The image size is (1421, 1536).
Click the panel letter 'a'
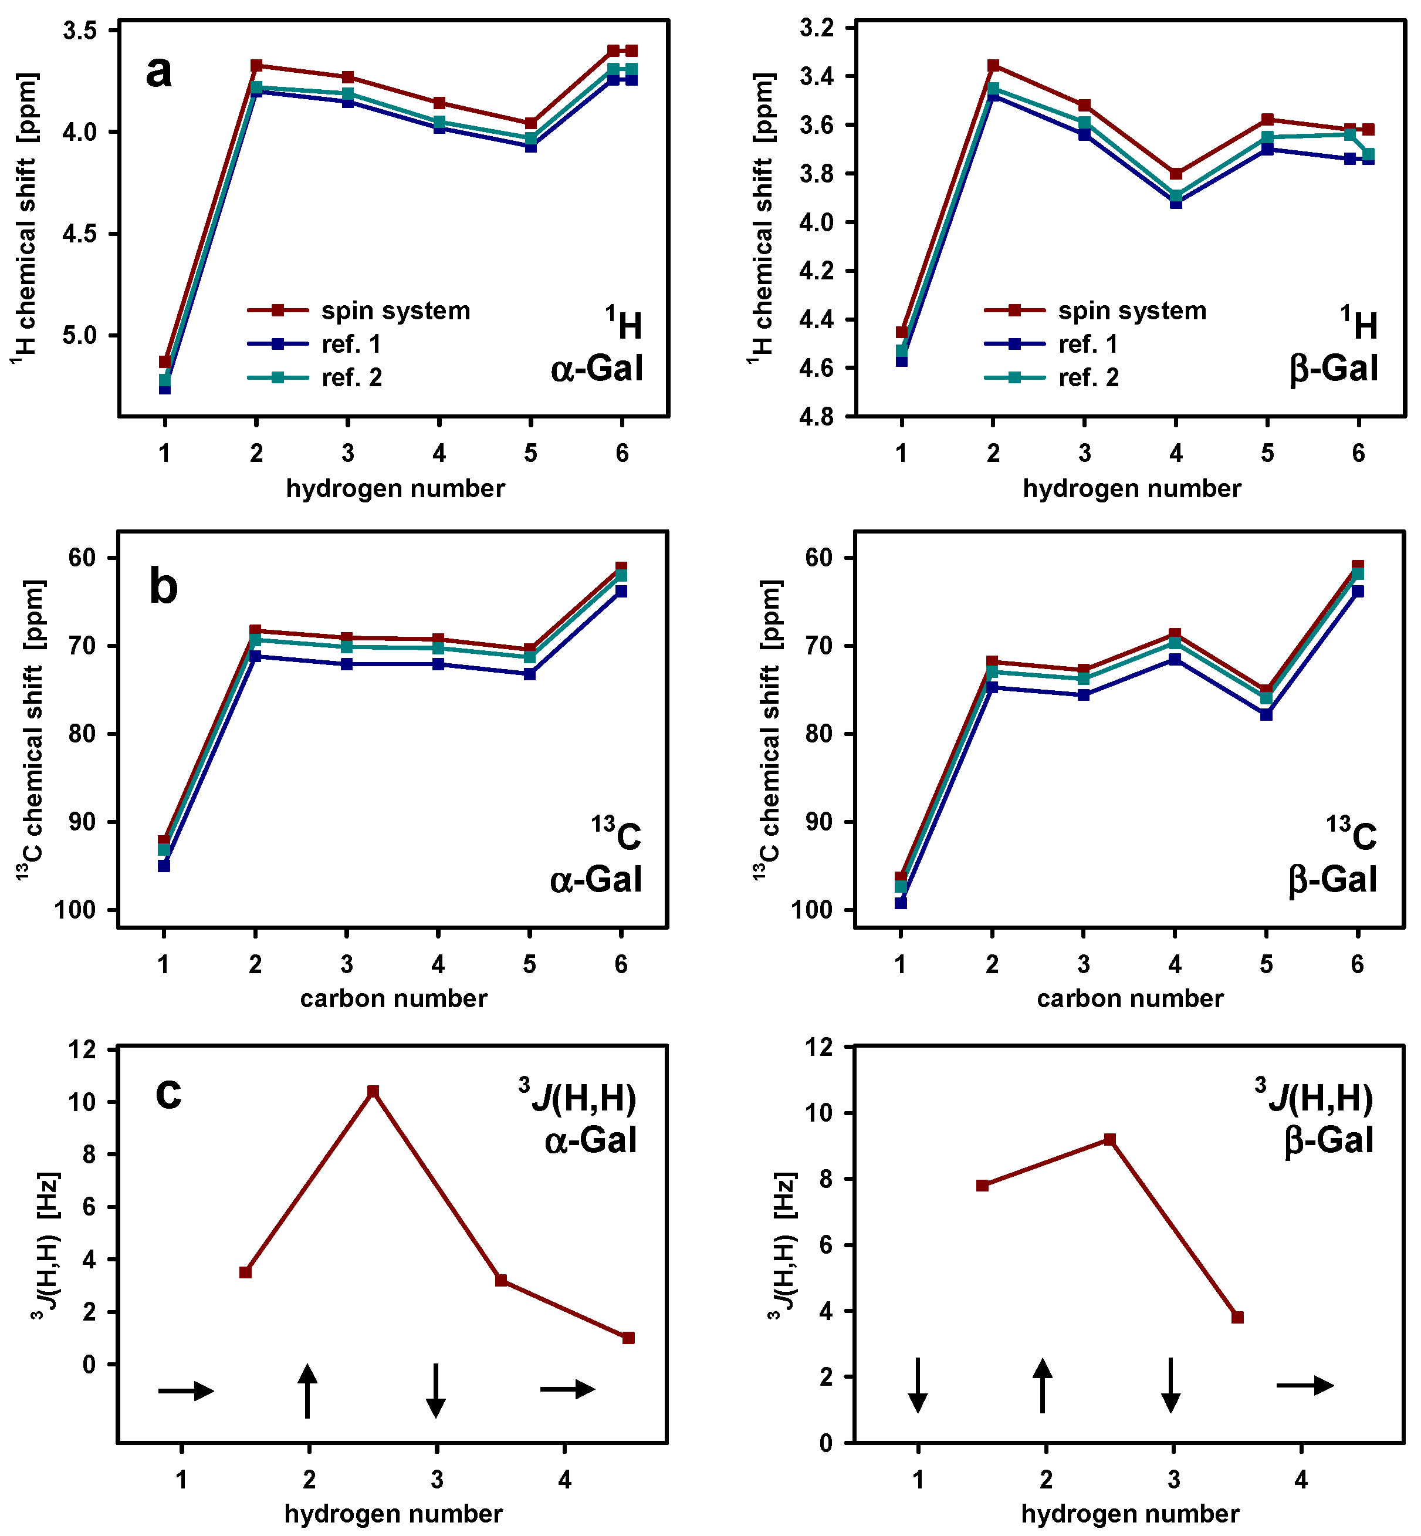(x=158, y=72)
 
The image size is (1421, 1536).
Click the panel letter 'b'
(x=163, y=586)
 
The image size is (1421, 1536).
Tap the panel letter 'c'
(x=168, y=1092)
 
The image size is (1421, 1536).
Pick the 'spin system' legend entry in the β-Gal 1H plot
(x=1132, y=310)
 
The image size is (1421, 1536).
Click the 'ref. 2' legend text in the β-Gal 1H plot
(x=1088, y=377)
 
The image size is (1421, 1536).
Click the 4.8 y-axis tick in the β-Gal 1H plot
(x=816, y=417)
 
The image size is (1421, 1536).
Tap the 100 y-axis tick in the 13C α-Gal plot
(x=75, y=910)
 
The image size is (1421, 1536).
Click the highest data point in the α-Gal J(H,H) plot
(x=373, y=1092)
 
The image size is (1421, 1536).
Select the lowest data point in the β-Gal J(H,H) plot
(x=1237, y=1318)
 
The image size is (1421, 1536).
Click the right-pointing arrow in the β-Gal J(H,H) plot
(x=1305, y=1385)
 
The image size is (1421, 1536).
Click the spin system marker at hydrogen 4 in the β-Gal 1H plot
(x=1176, y=174)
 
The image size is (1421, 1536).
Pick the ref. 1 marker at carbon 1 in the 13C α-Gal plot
(x=164, y=866)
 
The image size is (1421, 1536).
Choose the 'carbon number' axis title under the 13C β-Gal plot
(x=1129, y=998)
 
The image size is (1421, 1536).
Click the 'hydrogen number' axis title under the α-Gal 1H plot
(x=395, y=488)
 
